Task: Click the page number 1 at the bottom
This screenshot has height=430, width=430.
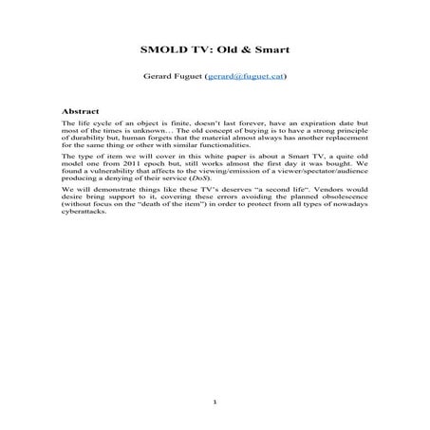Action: (x=215, y=402)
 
